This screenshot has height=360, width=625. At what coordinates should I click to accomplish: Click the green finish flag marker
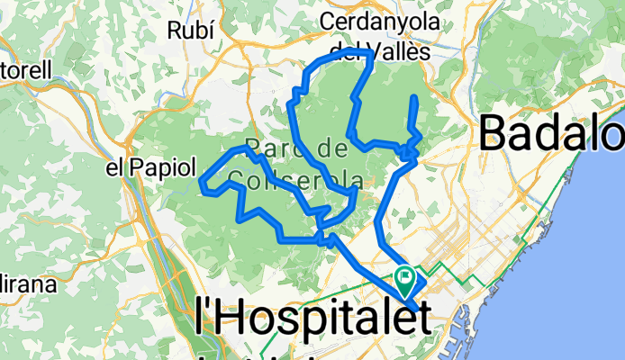[403, 278]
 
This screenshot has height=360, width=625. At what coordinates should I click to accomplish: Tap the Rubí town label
[191, 30]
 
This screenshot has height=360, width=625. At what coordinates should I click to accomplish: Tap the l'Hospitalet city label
[311, 318]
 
